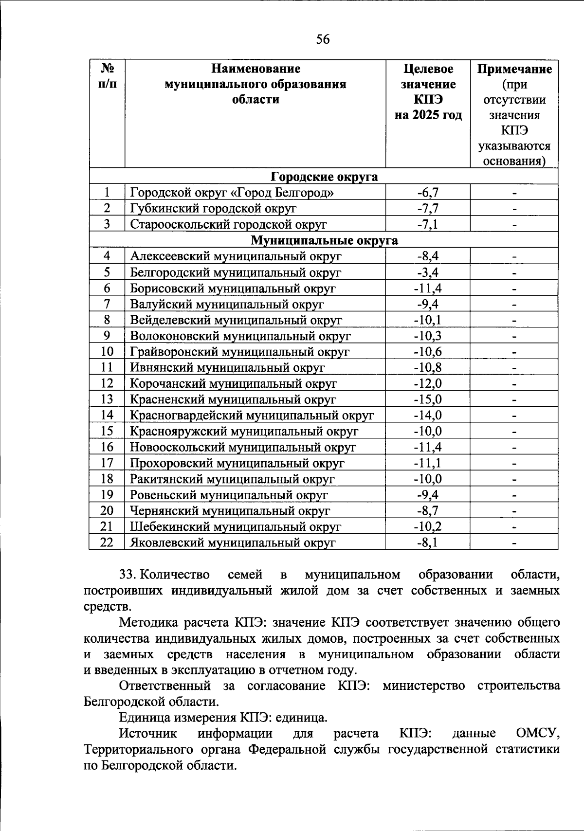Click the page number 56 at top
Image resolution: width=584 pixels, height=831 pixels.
tap(323, 39)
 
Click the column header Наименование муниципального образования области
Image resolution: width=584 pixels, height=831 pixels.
tap(255, 84)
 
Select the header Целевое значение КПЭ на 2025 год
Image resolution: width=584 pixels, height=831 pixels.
tap(428, 92)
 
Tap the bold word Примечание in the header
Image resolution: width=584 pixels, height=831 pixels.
tap(514, 69)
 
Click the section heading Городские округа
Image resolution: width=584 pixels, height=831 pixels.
tap(324, 177)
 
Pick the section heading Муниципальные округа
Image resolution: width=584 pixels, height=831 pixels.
tap(324, 240)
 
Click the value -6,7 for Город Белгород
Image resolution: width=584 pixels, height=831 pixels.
tap(428, 193)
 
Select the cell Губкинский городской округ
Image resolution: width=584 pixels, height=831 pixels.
tap(213, 209)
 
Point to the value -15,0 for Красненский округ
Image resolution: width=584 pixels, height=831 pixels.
tap(428, 399)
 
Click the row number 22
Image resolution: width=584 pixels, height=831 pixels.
tap(107, 542)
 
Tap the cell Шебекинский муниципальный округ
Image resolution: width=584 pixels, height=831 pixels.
tap(236, 526)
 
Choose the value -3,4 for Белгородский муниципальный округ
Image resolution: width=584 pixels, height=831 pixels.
tap(428, 272)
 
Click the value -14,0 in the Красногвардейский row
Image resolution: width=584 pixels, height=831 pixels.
tap(428, 415)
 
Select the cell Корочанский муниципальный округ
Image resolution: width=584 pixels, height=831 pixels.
tap(233, 383)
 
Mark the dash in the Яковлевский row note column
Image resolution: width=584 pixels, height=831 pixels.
tap(514, 542)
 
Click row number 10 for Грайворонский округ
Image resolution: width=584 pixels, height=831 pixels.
tap(107, 352)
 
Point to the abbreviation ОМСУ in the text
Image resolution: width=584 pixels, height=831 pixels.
tap(536, 733)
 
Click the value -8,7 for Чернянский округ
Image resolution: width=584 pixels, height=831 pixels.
tap(428, 510)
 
